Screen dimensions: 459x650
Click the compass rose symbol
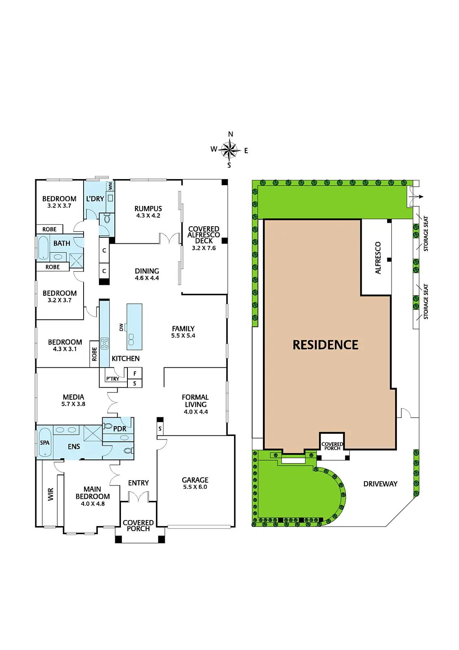(x=230, y=149)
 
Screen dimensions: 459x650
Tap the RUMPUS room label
(x=148, y=208)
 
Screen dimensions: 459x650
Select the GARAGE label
(x=195, y=480)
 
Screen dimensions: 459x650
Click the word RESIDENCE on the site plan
(x=325, y=345)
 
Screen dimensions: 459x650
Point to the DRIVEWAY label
(x=380, y=484)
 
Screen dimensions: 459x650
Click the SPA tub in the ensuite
(x=45, y=443)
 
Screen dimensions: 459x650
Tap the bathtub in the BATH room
(x=43, y=248)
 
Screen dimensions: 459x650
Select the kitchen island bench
(x=134, y=327)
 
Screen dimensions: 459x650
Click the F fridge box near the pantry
(x=135, y=373)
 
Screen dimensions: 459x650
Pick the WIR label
(x=51, y=494)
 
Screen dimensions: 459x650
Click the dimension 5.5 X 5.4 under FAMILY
(x=183, y=336)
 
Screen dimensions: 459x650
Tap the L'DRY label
(x=95, y=199)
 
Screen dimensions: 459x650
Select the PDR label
(x=120, y=429)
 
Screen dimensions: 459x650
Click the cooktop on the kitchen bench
(x=104, y=343)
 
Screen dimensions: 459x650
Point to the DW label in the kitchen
(x=121, y=327)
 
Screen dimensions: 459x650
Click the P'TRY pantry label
(x=112, y=379)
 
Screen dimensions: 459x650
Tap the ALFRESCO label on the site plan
(x=378, y=258)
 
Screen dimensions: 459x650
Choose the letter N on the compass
(x=231, y=134)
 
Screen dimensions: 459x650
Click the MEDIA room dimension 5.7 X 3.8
(x=73, y=404)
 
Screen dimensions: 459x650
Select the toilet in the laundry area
(x=107, y=219)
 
